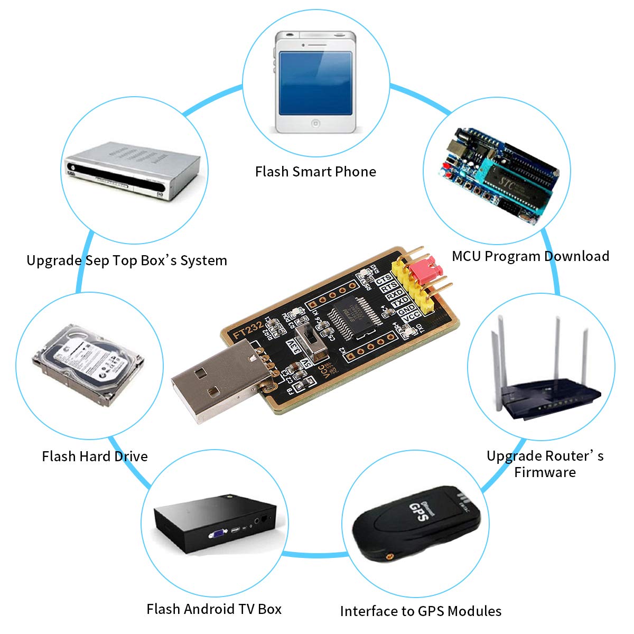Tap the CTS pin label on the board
coord(384,279)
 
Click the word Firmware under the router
coord(545,472)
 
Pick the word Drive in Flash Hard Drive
coord(130,456)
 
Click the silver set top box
coord(132,169)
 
